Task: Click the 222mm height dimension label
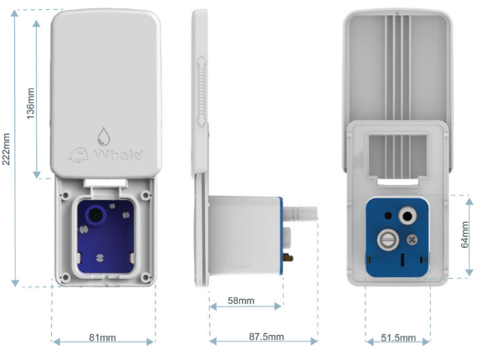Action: pos(7,149)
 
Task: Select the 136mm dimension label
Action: pos(30,103)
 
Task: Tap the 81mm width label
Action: pos(103,337)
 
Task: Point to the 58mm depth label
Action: pos(241,301)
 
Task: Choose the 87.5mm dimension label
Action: pos(267,337)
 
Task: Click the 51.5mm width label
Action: pos(398,337)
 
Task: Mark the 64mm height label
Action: pos(465,234)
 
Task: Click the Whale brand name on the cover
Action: pos(118,155)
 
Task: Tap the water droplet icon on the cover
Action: pos(104,136)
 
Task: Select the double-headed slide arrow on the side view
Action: pos(202,91)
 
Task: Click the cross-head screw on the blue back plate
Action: pos(412,239)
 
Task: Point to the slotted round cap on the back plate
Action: pos(388,239)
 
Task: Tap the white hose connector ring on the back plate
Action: pos(407,215)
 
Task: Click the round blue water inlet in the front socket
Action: pos(95,214)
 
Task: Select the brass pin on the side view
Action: pos(289,257)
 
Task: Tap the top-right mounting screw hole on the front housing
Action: pos(146,195)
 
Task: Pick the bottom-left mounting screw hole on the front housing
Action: pos(65,277)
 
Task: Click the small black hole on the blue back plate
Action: pos(388,215)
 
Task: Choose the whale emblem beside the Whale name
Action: pos(79,155)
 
